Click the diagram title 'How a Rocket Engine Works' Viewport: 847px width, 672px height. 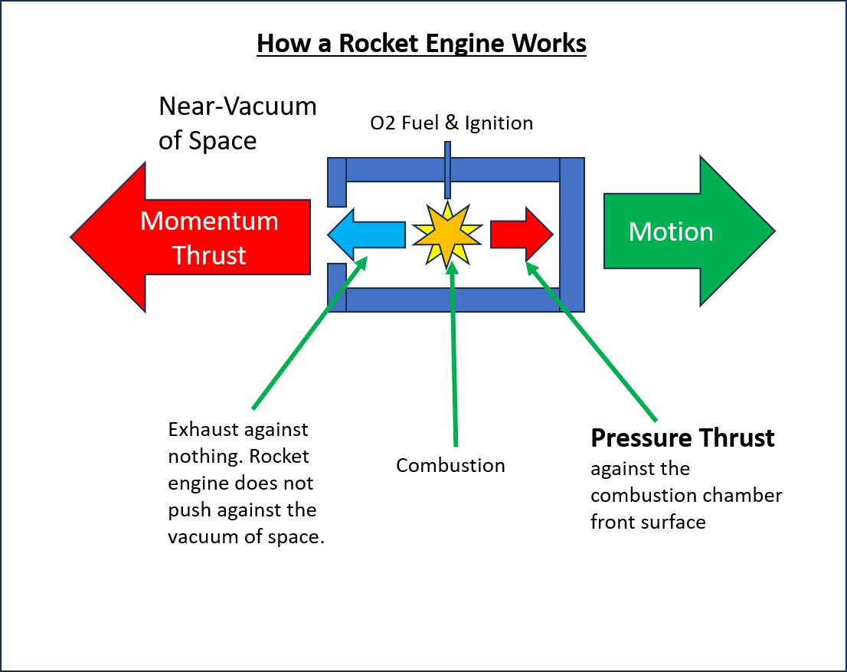tap(421, 43)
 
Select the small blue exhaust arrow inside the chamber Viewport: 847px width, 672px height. tap(366, 235)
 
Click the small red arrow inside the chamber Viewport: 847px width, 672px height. tap(522, 234)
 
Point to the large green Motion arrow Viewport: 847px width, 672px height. tap(689, 231)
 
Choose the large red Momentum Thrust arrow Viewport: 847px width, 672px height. tap(190, 237)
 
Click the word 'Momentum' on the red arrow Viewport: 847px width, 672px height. tap(209, 221)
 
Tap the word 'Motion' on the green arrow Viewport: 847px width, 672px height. tap(671, 231)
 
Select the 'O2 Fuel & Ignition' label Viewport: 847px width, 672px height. tap(452, 123)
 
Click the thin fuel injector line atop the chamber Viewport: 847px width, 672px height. tap(447, 170)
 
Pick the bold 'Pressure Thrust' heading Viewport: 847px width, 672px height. tap(682, 438)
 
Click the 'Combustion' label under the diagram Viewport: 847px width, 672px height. tap(450, 465)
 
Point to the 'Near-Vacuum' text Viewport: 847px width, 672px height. tap(237, 106)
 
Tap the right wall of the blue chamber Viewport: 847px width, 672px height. tap(572, 234)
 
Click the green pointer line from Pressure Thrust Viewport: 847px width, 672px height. tap(591, 341)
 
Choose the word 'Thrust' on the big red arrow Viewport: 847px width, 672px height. tap(209, 255)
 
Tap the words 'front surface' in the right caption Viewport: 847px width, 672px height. tap(648, 523)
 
